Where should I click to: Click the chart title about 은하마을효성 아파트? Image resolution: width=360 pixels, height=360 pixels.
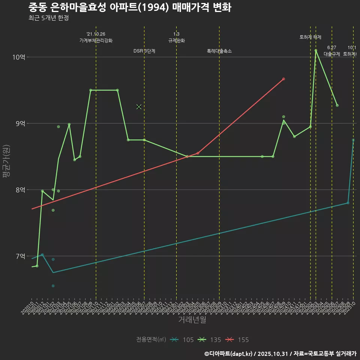(x=130, y=7)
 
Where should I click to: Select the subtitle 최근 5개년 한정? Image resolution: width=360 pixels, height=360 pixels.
(x=48, y=18)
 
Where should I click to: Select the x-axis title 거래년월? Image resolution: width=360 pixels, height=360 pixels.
(x=192, y=320)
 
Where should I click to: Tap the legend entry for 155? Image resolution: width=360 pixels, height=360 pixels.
(x=237, y=340)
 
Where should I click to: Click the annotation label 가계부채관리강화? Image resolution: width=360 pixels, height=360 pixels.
(x=96, y=40)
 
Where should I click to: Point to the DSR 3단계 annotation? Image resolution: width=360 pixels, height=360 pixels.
(x=144, y=51)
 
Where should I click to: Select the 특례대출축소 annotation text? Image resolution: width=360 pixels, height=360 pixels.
(x=219, y=51)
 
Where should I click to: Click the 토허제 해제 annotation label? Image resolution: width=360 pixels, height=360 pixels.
(x=310, y=37)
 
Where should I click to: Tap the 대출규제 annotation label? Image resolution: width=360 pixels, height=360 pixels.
(x=332, y=54)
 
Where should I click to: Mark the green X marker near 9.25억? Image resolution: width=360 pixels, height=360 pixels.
(x=139, y=107)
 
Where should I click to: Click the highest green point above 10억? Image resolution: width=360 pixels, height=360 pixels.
(x=316, y=50)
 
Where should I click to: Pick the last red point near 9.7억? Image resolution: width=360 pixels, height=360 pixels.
(x=283, y=79)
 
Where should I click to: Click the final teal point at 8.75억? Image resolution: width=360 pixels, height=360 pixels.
(x=353, y=140)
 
